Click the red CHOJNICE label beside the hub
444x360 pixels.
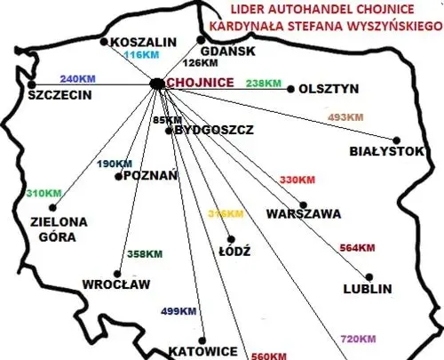coord(201,83)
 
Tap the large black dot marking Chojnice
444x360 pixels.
coord(157,84)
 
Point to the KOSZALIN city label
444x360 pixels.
coord(138,41)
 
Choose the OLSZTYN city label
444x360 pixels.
coord(329,89)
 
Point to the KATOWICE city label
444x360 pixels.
coord(203,351)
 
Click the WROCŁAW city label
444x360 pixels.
coord(116,284)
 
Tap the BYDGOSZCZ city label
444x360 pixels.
coord(215,130)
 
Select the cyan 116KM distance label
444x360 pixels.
coord(140,55)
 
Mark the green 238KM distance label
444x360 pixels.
coord(264,83)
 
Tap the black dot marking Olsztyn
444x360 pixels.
coord(290,88)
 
